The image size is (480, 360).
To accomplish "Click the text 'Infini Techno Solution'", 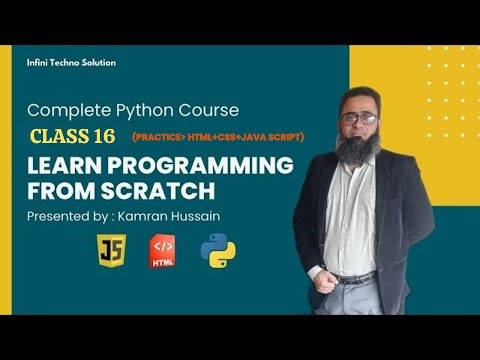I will coord(71,62).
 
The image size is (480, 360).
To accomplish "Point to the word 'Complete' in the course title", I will coord(61,108).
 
